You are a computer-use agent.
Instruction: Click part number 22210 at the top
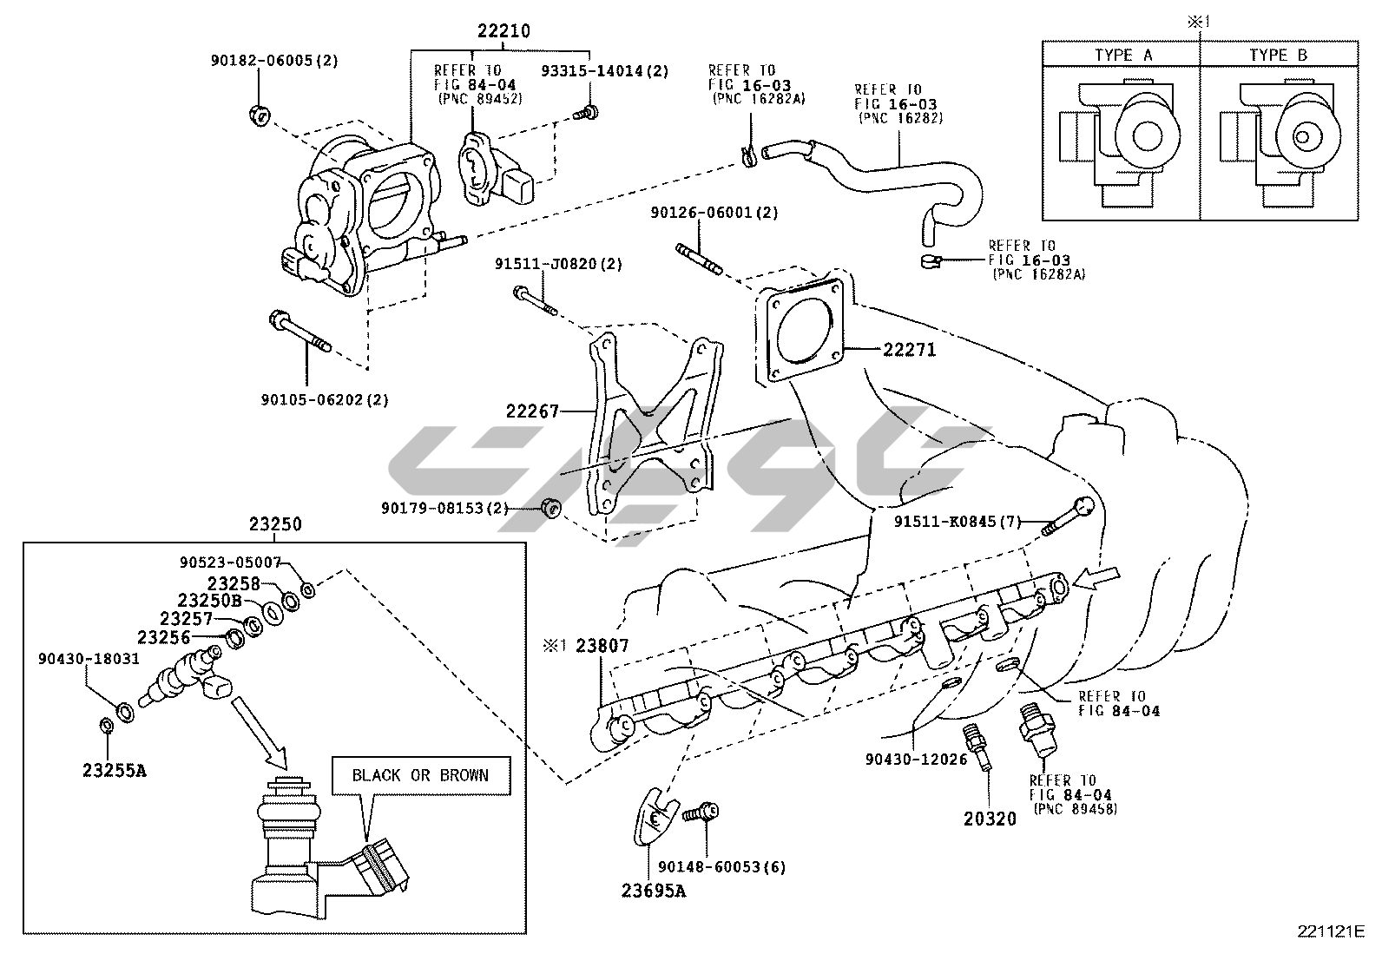[x=503, y=31]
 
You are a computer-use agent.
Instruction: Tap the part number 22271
[x=910, y=350]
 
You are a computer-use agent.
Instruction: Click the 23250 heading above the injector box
[x=275, y=523]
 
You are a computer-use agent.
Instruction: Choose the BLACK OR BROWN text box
[x=420, y=775]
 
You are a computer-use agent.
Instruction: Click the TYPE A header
[x=1122, y=55]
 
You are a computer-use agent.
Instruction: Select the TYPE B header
[x=1278, y=55]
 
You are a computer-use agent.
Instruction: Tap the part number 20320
[x=990, y=818]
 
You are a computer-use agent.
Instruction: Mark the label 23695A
[x=653, y=890]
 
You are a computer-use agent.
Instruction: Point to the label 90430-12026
[x=916, y=759]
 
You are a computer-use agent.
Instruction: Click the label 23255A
[x=115, y=768]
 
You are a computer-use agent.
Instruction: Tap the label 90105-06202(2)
[x=325, y=399]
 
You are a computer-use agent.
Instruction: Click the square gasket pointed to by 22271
[x=803, y=332]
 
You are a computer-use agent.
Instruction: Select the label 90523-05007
[x=231, y=562]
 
